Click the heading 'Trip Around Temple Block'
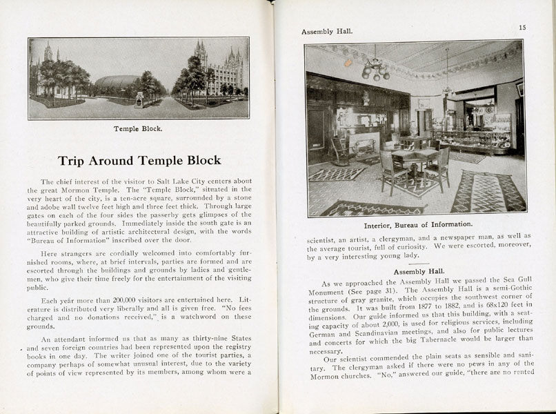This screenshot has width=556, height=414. coord(139,161)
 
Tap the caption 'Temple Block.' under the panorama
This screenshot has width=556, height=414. coord(139,128)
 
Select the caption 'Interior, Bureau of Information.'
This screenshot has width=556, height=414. coord(409,224)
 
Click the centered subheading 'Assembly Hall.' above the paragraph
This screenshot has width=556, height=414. coord(417,272)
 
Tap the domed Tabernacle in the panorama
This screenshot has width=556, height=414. coord(117,84)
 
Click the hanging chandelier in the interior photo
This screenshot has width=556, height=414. coord(375,68)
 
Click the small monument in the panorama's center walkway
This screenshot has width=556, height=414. coord(139,101)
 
